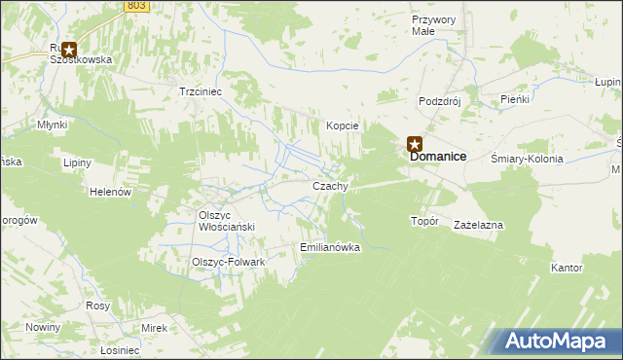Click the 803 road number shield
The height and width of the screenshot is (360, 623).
point(137,6)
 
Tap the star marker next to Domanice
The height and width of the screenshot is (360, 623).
point(414,144)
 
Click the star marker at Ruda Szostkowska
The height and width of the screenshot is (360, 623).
point(69,47)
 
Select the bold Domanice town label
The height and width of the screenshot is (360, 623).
point(437,157)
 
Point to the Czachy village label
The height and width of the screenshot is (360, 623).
point(330,185)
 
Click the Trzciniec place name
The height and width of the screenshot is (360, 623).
point(202,91)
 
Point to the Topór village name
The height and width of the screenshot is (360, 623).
point(425,221)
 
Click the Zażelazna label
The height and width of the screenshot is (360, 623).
point(478,225)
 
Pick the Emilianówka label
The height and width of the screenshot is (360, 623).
point(331,247)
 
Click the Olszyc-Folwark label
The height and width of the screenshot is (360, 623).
point(229,262)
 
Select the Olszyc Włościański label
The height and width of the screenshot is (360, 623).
point(227,221)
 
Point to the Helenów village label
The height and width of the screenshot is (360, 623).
point(110,192)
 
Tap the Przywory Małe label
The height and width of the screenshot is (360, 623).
point(434,25)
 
